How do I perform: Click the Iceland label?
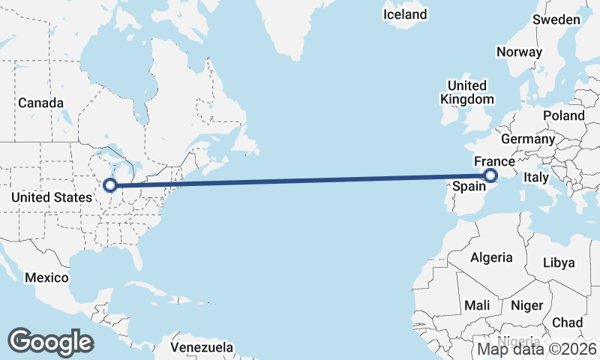pyautogui.click(x=405, y=14)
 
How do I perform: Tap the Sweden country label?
pyautogui.click(x=556, y=19)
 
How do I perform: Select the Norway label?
pyautogui.click(x=519, y=52)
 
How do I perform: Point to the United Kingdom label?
pyautogui.click(x=466, y=92)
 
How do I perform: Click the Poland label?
pyautogui.click(x=564, y=115)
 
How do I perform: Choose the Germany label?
pyautogui.click(x=528, y=139)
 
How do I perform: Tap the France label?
pyautogui.click(x=494, y=161)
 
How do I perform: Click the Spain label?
pyautogui.click(x=471, y=185)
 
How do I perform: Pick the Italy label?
pyautogui.click(x=536, y=178)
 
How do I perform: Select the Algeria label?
pyautogui.click(x=492, y=257)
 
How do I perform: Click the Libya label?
pyautogui.click(x=559, y=262)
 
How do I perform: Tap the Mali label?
pyautogui.click(x=478, y=305)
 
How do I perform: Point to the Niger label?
pyautogui.click(x=526, y=305)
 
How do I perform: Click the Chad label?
pyautogui.click(x=568, y=322)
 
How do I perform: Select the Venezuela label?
pyautogui.click(x=202, y=348)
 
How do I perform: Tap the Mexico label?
pyautogui.click(x=46, y=277)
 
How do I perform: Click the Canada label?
pyautogui.click(x=40, y=103)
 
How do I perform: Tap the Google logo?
pyautogui.click(x=50, y=341)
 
